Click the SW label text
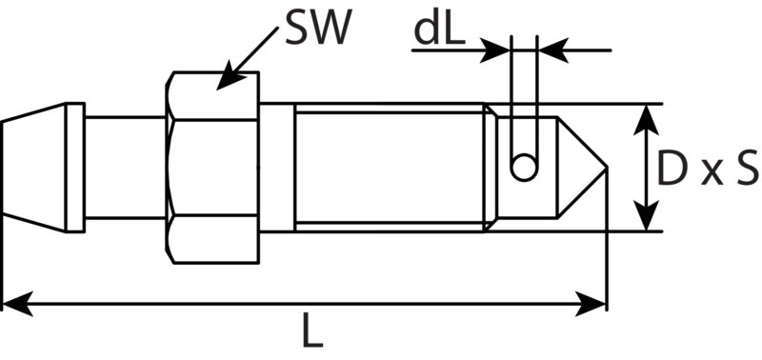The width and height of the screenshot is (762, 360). (x=318, y=28)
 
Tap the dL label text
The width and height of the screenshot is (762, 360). (x=439, y=30)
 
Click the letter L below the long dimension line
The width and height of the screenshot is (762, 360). (x=312, y=330)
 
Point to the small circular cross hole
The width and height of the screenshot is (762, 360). (x=524, y=168)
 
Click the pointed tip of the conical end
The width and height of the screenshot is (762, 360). (x=607, y=168)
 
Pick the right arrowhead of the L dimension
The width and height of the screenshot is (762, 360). (x=591, y=304)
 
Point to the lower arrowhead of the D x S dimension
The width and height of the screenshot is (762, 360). (x=646, y=215)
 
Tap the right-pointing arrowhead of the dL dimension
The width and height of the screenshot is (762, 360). (x=494, y=50)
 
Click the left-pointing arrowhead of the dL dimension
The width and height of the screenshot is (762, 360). (x=553, y=50)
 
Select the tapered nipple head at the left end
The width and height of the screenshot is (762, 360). (x=33, y=168)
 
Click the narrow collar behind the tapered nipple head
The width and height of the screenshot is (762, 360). (x=75, y=168)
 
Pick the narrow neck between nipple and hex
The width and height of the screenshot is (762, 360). (x=126, y=168)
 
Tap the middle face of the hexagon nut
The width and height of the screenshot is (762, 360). (x=212, y=168)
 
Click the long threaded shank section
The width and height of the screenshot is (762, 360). (x=390, y=168)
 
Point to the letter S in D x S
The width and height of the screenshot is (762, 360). (x=747, y=169)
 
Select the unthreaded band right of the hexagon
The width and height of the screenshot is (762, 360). (x=276, y=168)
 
